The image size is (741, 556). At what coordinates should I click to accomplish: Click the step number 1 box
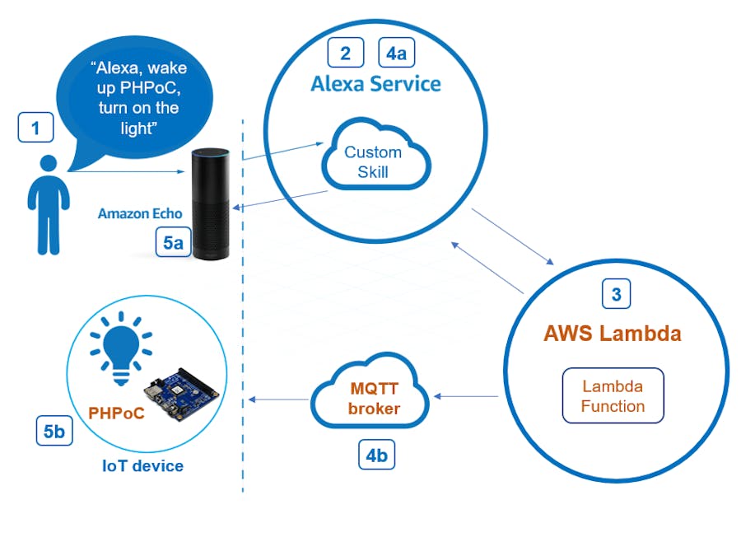[35, 128]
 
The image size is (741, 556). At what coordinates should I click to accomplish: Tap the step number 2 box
[346, 53]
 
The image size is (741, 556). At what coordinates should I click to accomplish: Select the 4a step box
[396, 53]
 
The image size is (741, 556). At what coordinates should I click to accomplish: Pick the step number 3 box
[617, 293]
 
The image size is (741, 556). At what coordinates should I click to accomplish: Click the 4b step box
[376, 455]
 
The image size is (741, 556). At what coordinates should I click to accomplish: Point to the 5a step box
[173, 242]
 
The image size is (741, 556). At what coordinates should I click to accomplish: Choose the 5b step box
[54, 431]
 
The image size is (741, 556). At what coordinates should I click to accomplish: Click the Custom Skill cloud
[374, 160]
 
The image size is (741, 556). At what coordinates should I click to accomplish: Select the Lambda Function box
[613, 395]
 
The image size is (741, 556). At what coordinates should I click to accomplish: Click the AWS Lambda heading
[612, 334]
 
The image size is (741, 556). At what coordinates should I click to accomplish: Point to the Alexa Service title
[375, 84]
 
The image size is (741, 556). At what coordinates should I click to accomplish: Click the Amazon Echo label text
[140, 213]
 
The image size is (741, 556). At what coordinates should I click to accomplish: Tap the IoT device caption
[142, 466]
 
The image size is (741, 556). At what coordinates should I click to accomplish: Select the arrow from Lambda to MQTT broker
[466, 397]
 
